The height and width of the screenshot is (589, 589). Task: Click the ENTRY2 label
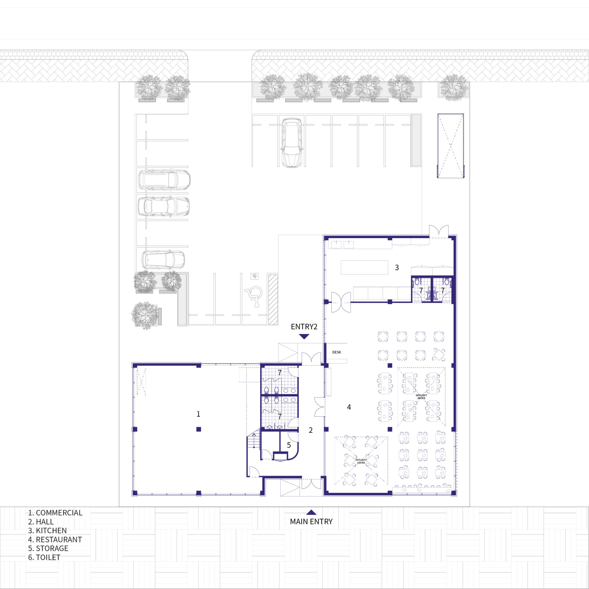tap(304, 327)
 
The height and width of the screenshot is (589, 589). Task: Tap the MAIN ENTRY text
tap(311, 522)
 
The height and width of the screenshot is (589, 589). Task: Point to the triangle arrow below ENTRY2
tap(304, 337)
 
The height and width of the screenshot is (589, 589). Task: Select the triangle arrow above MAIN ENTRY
tap(311, 512)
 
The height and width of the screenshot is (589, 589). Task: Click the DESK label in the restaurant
tap(337, 352)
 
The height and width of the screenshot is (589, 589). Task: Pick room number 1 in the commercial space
tap(198, 414)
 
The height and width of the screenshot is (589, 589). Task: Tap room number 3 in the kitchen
tap(397, 268)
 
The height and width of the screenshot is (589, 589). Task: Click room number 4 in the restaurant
tap(349, 407)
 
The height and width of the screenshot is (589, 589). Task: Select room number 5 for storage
tap(289, 445)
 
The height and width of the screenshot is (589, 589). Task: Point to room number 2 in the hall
tap(310, 430)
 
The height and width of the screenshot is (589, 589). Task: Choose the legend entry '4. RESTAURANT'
tap(55, 540)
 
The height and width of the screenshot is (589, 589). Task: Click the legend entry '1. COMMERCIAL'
tap(55, 513)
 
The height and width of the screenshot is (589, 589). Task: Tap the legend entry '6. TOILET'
tap(44, 557)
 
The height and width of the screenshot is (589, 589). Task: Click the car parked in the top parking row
tap(292, 143)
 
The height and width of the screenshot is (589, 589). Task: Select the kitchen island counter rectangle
tap(364, 267)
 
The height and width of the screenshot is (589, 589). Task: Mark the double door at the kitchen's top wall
tap(439, 231)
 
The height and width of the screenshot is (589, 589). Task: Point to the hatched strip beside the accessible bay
tap(273, 299)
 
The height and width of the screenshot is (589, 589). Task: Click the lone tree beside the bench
tap(144, 315)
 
